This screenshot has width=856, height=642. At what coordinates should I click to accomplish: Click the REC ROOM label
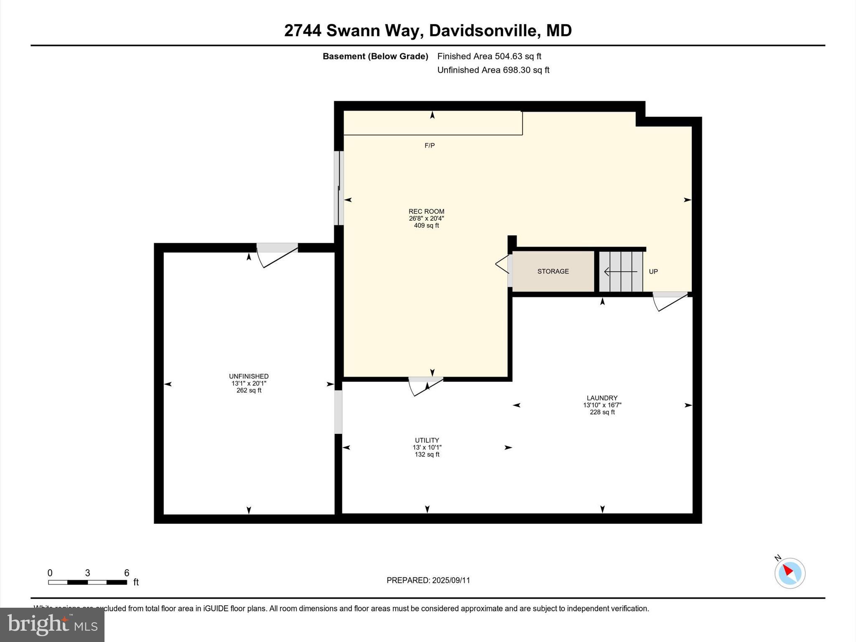[426, 211]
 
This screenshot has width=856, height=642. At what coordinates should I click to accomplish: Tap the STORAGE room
[553, 271]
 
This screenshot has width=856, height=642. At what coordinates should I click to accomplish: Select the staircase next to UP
[621, 271]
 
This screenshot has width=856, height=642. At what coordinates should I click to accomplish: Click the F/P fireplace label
[430, 145]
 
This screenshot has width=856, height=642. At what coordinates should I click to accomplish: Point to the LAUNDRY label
[602, 398]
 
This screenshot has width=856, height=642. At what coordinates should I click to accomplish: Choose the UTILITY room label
[427, 440]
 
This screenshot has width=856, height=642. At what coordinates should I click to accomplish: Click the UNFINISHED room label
[249, 376]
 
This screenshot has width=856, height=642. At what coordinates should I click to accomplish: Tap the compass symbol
[790, 573]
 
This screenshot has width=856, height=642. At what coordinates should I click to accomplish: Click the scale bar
[87, 582]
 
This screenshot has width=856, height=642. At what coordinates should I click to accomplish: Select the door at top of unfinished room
[277, 254]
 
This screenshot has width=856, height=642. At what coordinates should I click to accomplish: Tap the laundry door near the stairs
[670, 300]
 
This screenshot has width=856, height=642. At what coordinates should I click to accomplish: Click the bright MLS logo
[52, 624]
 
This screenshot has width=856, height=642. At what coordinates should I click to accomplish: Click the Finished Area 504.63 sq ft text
[489, 56]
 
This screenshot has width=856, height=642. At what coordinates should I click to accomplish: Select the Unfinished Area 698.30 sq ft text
[493, 70]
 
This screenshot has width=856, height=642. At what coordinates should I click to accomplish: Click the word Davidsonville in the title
[483, 31]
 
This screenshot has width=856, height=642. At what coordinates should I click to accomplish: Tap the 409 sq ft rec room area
[426, 226]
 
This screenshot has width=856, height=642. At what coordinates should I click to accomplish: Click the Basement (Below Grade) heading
[375, 56]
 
